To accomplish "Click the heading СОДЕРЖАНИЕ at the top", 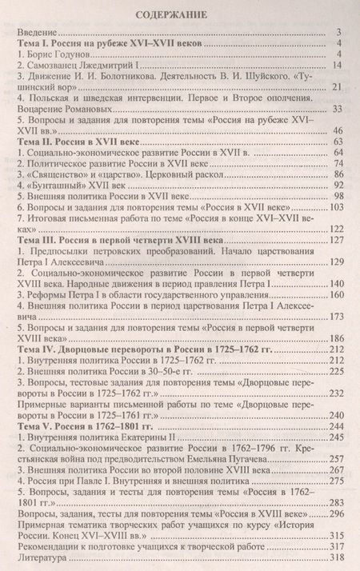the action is tap(180, 14).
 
